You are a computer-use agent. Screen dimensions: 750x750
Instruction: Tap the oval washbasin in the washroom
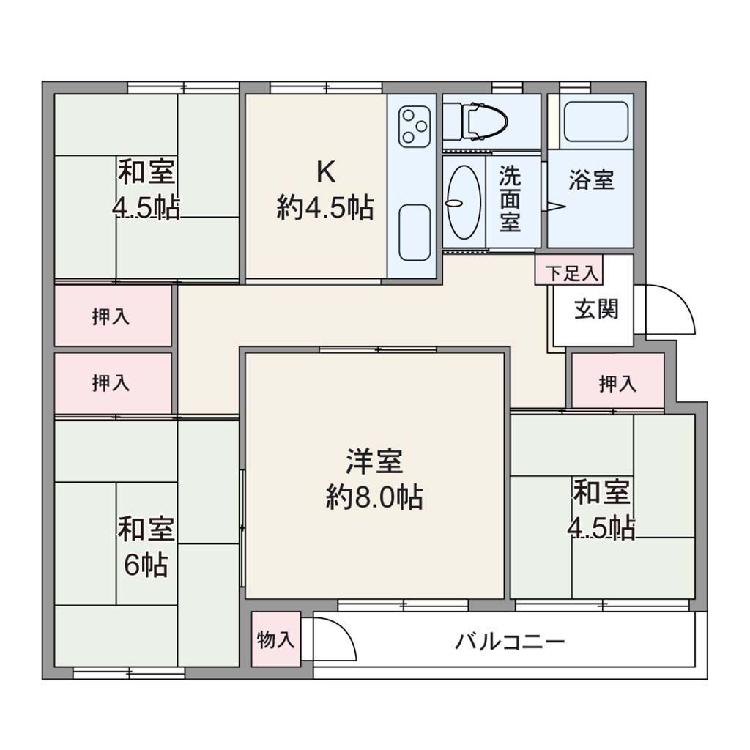click(x=464, y=202)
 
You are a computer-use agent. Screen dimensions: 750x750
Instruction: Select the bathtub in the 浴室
click(x=596, y=122)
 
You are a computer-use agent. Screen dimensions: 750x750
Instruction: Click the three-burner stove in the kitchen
click(x=415, y=126)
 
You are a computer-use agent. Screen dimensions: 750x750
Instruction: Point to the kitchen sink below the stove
click(x=415, y=232)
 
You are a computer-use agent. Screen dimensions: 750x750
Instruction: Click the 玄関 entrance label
click(x=596, y=310)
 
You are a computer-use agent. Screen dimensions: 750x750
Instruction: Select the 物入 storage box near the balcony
click(x=276, y=639)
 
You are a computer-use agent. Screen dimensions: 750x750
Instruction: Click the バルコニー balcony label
click(x=510, y=642)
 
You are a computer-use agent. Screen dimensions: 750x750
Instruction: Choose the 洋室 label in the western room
click(x=374, y=461)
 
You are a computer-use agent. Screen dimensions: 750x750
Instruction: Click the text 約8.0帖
click(x=374, y=497)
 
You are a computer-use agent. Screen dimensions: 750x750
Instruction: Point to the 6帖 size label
click(x=146, y=565)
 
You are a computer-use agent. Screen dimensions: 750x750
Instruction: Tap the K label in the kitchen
click(x=326, y=172)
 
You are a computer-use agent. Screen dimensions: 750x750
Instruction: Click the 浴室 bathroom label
click(x=591, y=180)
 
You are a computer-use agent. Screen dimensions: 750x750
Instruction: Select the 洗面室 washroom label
click(x=510, y=198)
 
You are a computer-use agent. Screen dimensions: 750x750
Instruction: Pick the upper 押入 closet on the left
click(x=113, y=316)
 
